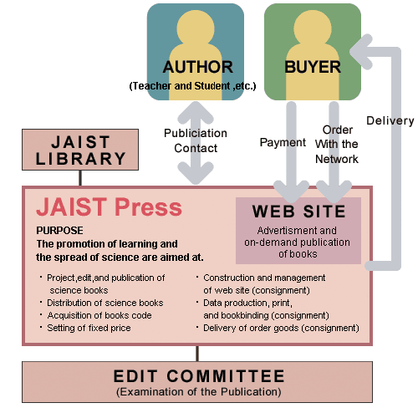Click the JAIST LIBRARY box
point(80,150)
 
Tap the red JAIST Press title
point(109,207)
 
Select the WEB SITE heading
point(298,212)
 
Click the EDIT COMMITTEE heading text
point(199,376)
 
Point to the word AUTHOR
point(198,67)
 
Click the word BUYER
point(313,67)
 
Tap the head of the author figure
point(196,28)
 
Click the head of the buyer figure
point(313,28)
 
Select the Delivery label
point(390,121)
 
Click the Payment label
point(283,142)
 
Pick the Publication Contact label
point(196,140)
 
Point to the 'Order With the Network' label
point(337,145)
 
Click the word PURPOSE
point(59,231)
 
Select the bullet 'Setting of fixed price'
point(89,328)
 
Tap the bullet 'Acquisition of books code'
point(99,315)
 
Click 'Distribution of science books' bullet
point(105,303)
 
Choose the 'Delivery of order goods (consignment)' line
point(281,328)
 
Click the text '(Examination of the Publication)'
point(199,392)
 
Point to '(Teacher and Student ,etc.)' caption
point(192,86)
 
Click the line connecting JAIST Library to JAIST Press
point(80,178)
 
